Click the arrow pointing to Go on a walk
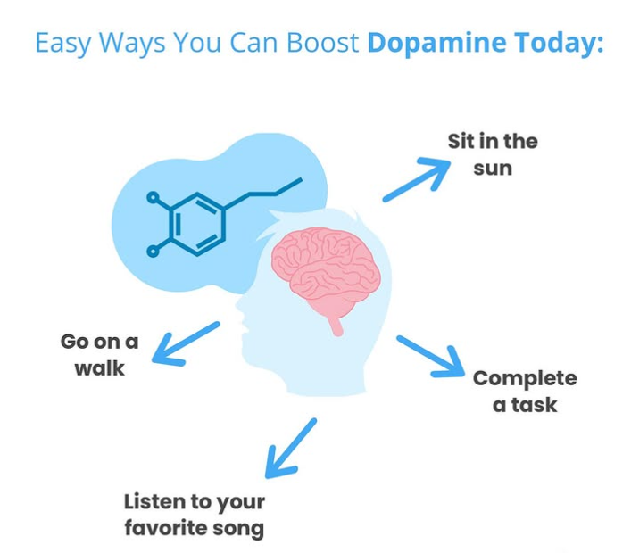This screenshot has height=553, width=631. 185,343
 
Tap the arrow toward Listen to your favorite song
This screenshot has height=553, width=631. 290,447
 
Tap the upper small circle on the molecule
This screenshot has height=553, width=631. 154,196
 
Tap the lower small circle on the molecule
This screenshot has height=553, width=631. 153,252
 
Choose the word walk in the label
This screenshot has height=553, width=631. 99,367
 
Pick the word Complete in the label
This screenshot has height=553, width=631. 525,378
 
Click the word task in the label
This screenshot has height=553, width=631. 537,405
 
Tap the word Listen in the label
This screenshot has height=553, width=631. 154,500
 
